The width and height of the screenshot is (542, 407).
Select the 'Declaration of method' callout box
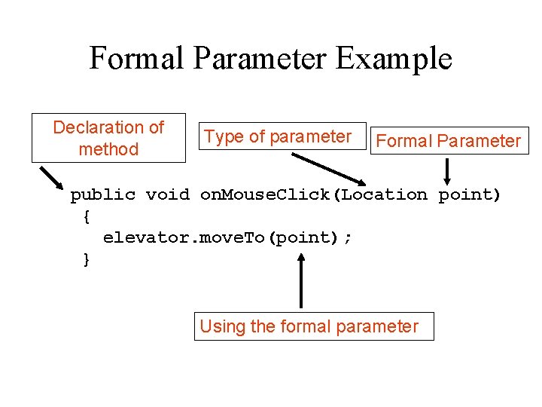(x=108, y=138)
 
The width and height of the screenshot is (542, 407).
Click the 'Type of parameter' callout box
(x=278, y=136)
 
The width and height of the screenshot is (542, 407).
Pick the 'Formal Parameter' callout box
(x=449, y=140)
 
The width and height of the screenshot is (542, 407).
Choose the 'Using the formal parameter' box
(x=314, y=326)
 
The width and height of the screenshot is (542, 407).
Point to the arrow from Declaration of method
(x=52, y=179)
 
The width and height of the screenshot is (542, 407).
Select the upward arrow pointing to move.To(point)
(x=301, y=280)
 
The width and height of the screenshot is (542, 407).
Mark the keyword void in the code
(x=167, y=195)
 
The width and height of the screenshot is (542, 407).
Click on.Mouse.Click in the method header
(x=267, y=195)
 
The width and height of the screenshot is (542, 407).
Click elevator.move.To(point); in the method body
(x=227, y=238)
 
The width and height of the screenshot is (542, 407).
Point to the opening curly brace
(x=87, y=217)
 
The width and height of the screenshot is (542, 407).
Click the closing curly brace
(x=87, y=260)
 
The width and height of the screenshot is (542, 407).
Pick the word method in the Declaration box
(x=108, y=149)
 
